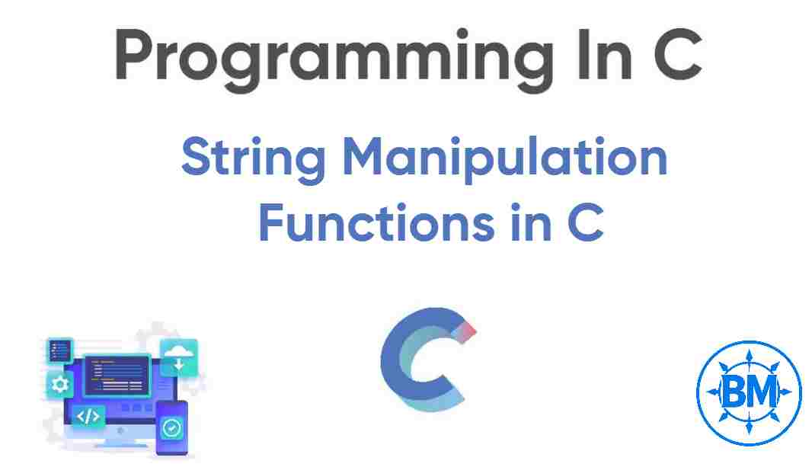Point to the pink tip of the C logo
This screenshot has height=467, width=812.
[470, 329]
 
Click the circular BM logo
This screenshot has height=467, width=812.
[748, 392]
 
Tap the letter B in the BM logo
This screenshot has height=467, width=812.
[732, 392]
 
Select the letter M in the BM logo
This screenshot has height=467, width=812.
[763, 392]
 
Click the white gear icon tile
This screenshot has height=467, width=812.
[59, 384]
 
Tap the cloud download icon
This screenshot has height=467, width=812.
[179, 357]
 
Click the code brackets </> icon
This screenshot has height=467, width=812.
[88, 416]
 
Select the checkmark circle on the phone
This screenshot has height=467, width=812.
[172, 427]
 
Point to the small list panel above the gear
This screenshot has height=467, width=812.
[59, 350]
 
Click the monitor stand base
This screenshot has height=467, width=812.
[114, 444]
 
